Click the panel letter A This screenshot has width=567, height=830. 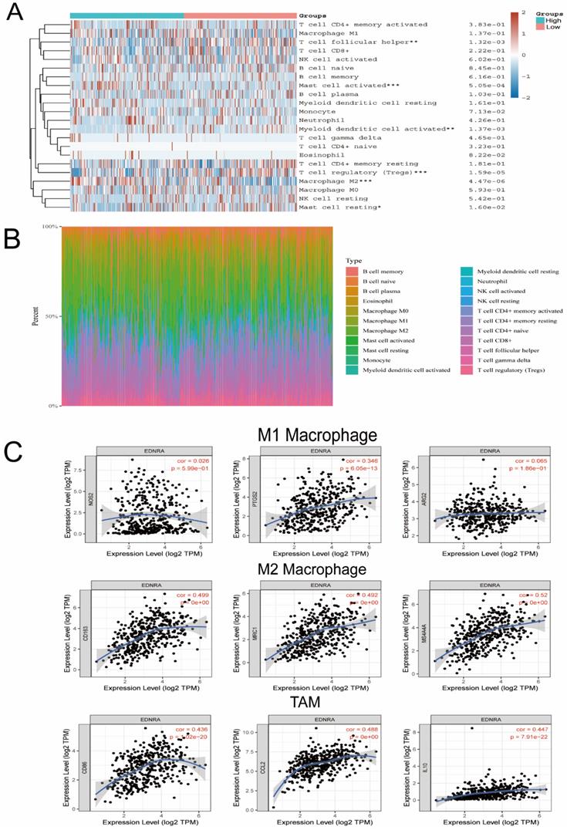pyautogui.click(x=15, y=14)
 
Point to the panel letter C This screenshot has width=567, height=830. pyautogui.click(x=13, y=450)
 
